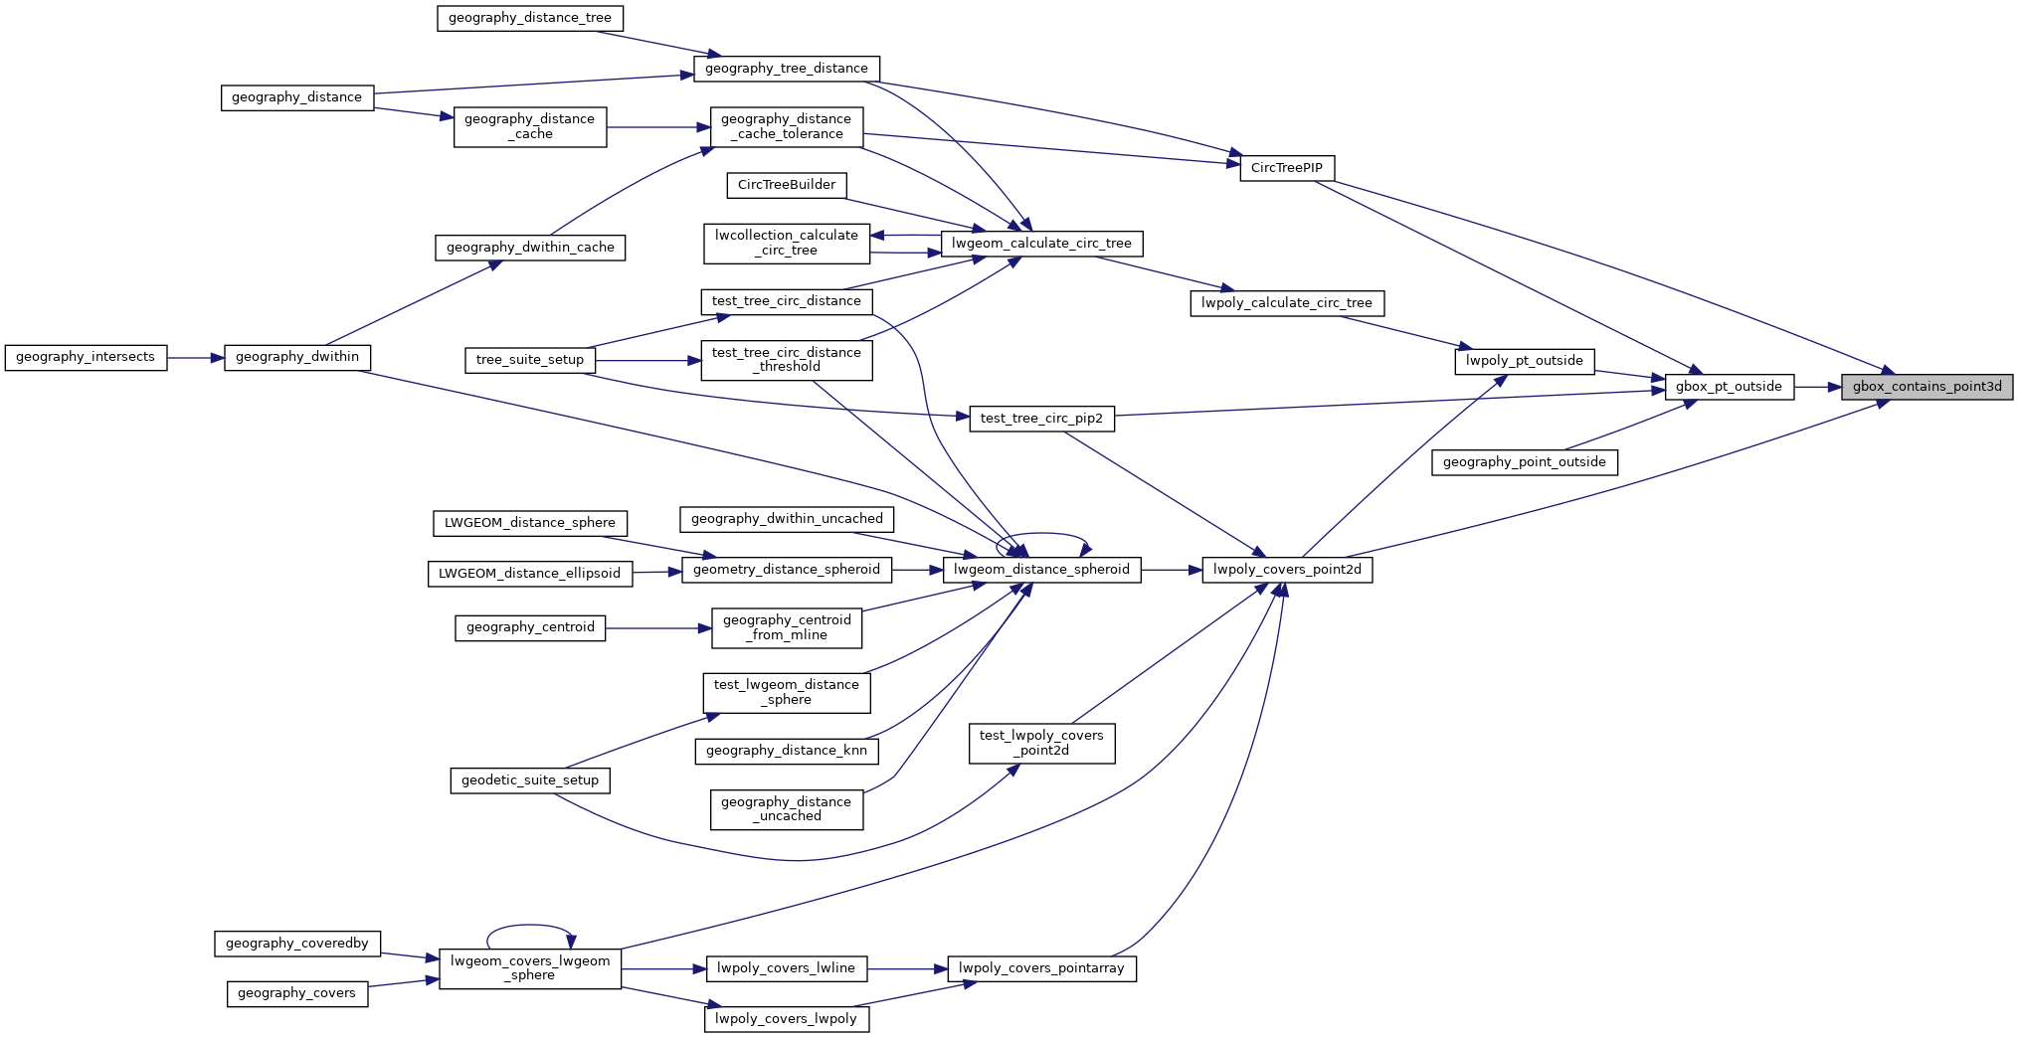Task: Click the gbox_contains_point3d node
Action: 1926,387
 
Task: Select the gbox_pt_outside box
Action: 1729,387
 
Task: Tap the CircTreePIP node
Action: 1286,168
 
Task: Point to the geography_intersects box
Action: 86,357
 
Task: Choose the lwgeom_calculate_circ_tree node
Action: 1041,244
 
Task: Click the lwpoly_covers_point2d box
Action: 1287,570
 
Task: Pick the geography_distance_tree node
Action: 529,18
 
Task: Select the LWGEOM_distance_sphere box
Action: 529,523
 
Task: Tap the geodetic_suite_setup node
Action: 529,780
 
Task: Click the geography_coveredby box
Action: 296,944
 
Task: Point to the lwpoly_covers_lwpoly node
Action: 786,1019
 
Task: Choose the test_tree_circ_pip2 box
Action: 1041,419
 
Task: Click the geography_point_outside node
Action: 1524,462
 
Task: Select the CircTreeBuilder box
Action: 786,185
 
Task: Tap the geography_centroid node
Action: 529,628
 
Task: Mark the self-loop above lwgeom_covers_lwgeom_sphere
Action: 529,926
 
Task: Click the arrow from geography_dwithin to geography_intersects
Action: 196,358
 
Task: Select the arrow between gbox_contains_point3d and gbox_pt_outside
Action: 1817,387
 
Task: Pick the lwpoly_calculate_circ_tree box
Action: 1286,303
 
